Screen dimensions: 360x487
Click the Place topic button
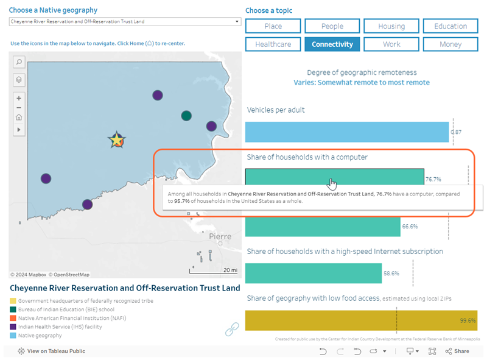(x=273, y=26)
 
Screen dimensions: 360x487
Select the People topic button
(x=332, y=26)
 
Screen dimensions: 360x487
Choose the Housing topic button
(x=391, y=26)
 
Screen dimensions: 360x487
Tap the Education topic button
(x=450, y=26)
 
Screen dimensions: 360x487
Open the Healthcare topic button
(x=273, y=44)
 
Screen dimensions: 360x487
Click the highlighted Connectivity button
(x=332, y=44)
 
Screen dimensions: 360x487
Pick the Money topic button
(x=450, y=44)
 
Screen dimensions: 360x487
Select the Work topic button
(x=391, y=44)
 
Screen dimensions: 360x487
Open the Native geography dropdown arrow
(x=237, y=22)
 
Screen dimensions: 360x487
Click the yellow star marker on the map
(x=116, y=140)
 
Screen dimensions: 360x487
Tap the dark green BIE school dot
(x=186, y=116)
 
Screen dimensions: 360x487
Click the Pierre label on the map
(x=220, y=236)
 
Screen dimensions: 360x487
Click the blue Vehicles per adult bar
(x=347, y=132)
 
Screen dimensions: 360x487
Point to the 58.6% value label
(x=391, y=274)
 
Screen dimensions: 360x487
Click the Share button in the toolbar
(x=457, y=351)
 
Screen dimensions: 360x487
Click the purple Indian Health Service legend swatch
(x=13, y=326)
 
